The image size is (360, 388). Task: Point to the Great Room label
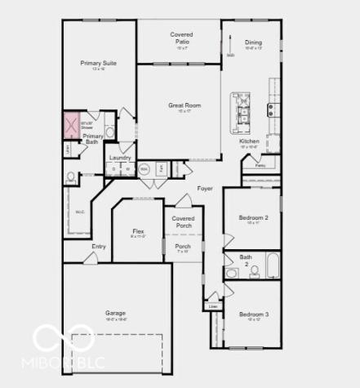pos(184,105)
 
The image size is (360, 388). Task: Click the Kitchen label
pos(249,140)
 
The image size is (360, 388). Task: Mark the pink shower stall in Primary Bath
pos(70,126)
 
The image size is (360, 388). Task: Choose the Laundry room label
pos(120,157)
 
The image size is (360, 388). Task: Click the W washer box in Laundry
pos(127,169)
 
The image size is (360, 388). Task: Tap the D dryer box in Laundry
pos(113,169)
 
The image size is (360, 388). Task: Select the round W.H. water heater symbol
pos(144,170)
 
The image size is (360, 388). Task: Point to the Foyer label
pos(205,189)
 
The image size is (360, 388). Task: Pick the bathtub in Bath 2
pos(273,265)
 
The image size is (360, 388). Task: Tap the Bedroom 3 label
pos(253,314)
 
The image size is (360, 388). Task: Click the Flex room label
pos(138,232)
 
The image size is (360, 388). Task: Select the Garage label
pos(115,313)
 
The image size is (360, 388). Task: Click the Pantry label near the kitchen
pos(260,166)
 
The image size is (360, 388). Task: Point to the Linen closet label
pos(213,306)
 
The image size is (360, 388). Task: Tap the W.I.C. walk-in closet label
pos(80,212)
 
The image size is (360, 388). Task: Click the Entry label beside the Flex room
pos(99,246)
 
